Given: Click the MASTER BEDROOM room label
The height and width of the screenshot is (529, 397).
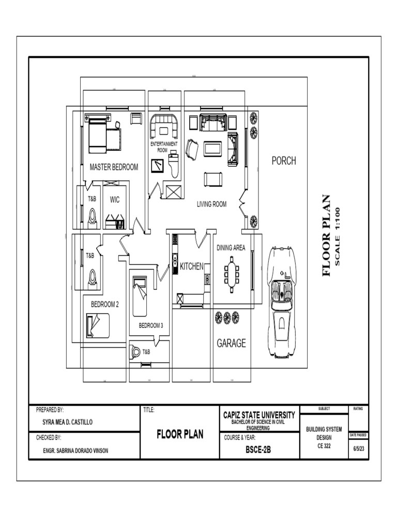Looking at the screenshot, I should click(114, 167).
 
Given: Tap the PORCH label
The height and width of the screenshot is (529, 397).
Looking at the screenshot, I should click(284, 161).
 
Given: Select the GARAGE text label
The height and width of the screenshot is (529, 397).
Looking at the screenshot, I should click(231, 343).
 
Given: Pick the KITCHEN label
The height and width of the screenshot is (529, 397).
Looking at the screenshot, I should click(191, 266).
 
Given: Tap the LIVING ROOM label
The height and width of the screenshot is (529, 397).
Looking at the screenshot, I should click(211, 204).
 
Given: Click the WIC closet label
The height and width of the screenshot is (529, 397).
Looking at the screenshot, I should click(115, 199).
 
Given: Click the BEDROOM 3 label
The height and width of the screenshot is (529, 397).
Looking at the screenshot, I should click(150, 325).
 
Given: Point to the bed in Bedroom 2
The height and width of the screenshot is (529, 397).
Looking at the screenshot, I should click(98, 325).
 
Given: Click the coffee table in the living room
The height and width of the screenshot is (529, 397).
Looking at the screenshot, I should click(212, 149).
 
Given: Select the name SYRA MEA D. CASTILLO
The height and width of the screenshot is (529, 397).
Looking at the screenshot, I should click(67, 422).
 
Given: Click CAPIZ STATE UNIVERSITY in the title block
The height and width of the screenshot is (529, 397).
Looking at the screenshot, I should click(259, 415).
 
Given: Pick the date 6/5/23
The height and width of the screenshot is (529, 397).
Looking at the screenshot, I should click(358, 450).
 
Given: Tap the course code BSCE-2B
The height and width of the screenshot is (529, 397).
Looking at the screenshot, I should click(258, 450).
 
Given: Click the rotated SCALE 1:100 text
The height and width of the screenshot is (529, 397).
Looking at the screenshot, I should click(338, 236).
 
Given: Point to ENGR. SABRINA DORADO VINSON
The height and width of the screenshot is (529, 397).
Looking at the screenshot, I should click(76, 450).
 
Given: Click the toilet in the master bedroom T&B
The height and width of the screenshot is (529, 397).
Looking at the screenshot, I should click(92, 218).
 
